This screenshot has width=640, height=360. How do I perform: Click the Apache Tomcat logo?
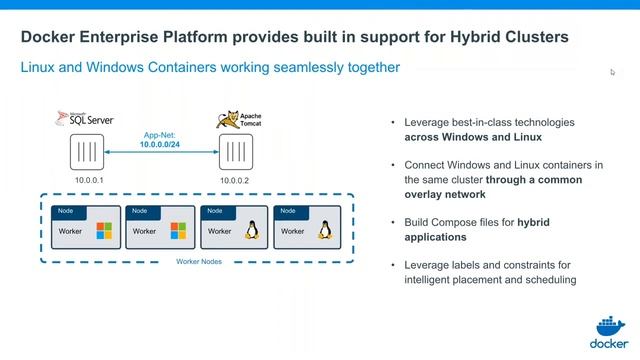(235, 120)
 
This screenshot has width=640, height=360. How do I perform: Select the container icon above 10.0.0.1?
(88, 154)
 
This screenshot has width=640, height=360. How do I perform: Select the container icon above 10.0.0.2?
(236, 154)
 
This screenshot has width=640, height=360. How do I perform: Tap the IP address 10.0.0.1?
(89, 181)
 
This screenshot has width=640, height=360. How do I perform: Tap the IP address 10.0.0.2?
(236, 181)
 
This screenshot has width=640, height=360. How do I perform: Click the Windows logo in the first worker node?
(103, 231)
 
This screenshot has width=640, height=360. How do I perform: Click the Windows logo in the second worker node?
(178, 231)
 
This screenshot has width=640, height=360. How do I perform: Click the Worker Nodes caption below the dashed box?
(199, 261)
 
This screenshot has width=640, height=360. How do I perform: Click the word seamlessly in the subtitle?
(289, 68)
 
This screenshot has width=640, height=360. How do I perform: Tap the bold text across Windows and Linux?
(472, 136)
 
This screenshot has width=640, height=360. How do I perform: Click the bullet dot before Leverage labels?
(393, 265)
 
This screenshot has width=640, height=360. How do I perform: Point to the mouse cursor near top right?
(613, 71)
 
